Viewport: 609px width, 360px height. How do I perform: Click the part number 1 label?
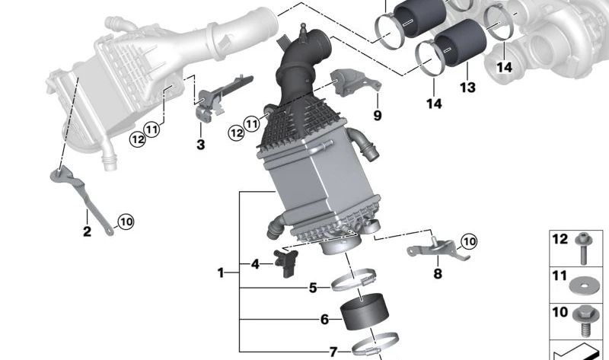pos(221,273)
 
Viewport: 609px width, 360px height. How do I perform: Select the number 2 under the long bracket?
pos(87,231)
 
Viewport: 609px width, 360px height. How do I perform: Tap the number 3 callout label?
pos(200,145)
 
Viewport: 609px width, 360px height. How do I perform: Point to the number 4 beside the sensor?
pos(255,264)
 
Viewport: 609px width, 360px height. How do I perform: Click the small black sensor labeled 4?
pos(286,263)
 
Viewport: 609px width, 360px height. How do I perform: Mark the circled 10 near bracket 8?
pos(469,241)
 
